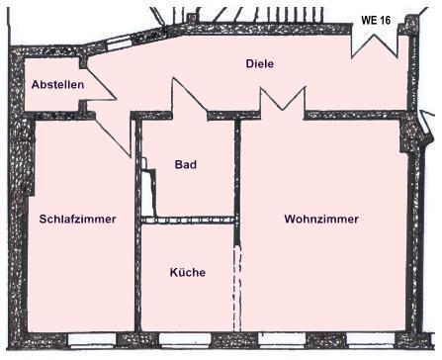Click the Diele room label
(259, 63)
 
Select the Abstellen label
(57, 85)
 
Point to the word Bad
(185, 164)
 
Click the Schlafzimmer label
(78, 219)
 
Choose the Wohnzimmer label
(320, 219)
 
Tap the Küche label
(187, 272)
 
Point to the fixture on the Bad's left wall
(146, 194)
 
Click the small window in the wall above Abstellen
(120, 43)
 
